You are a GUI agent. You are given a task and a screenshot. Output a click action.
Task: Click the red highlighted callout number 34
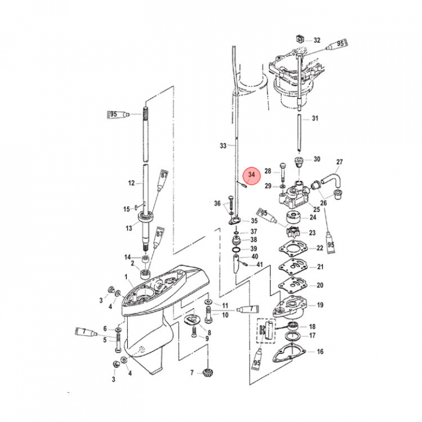point(252,175)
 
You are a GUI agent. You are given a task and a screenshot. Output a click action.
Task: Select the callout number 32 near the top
point(317,40)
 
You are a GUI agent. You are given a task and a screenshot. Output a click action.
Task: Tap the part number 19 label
point(320,305)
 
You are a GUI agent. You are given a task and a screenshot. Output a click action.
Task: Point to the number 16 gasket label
point(320,352)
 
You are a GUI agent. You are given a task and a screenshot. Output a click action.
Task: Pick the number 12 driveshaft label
point(132,183)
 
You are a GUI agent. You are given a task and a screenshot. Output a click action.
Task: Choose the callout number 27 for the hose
point(339,162)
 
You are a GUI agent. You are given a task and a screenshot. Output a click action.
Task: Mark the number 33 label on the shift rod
point(223,145)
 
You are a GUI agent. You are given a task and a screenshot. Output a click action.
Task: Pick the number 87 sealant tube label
point(164,175)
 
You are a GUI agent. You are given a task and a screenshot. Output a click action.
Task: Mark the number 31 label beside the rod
point(315,118)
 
